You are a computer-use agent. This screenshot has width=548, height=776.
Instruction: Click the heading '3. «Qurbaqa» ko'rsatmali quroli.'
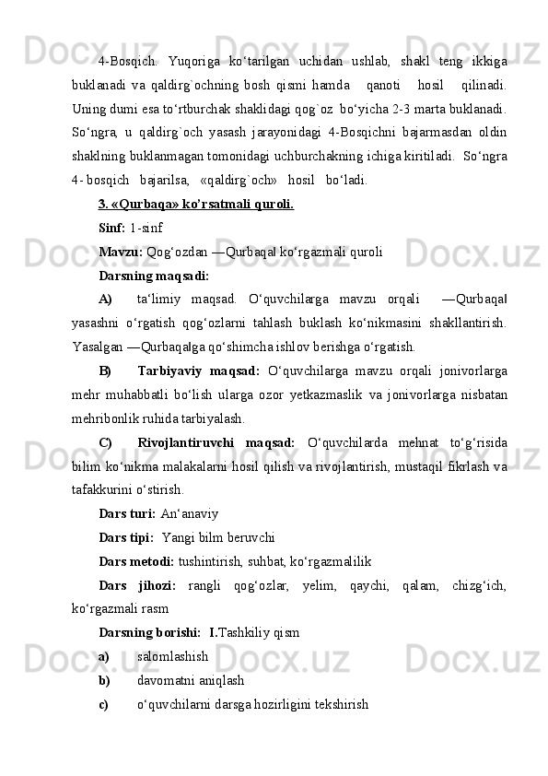pyautogui.click(x=195, y=204)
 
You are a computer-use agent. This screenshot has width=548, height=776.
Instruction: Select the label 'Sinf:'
pyautogui.click(x=112, y=227)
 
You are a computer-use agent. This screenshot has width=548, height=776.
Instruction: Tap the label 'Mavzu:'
pyautogui.click(x=121, y=251)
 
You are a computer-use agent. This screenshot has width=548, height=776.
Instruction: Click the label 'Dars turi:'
pyautogui.click(x=127, y=515)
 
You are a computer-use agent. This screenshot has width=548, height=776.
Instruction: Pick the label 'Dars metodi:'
pyautogui.click(x=136, y=563)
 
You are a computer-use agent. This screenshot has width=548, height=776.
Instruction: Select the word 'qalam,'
pyautogui.click(x=422, y=587)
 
